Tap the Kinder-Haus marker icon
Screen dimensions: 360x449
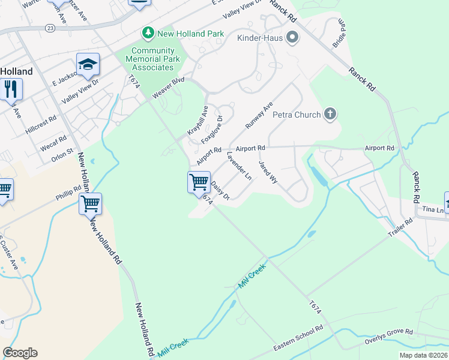(x=292, y=38)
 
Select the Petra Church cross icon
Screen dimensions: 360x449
(x=329, y=114)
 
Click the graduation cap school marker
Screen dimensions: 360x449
(x=88, y=65)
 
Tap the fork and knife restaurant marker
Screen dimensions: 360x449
(x=10, y=89)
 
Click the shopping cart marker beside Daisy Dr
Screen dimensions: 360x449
(x=199, y=181)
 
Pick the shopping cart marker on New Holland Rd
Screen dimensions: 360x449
(x=90, y=203)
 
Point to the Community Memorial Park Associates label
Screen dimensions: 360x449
(x=153, y=59)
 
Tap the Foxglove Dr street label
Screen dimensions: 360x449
(x=212, y=129)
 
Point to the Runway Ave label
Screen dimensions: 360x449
(x=259, y=116)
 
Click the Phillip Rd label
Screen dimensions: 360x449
(x=68, y=193)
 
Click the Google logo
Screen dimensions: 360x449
(x=20, y=353)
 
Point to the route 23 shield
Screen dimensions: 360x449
(x=49, y=28)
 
